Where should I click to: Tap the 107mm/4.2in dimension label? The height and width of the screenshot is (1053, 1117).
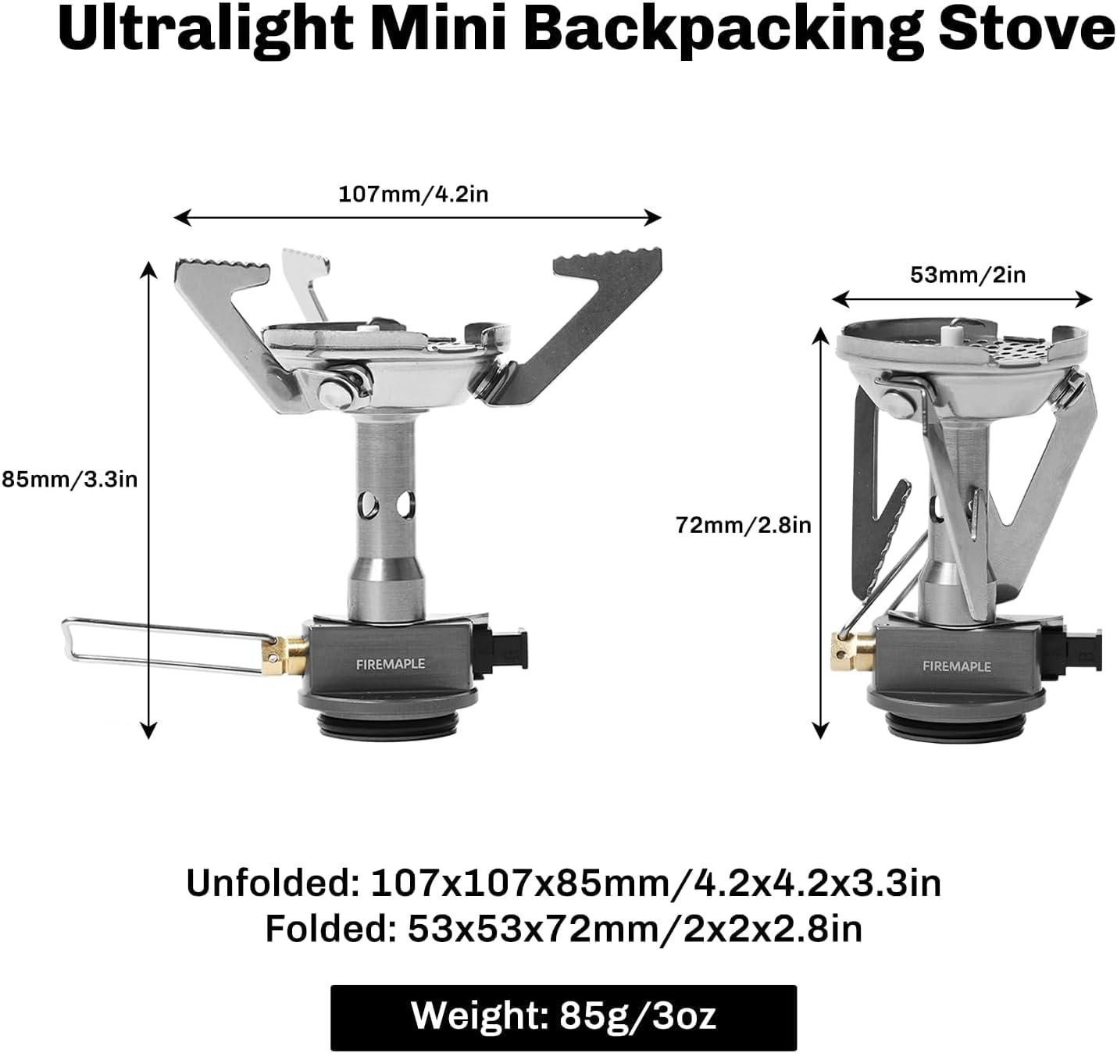(413, 194)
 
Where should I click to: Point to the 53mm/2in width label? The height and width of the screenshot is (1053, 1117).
(968, 275)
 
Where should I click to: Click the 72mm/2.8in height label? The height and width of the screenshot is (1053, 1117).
(744, 525)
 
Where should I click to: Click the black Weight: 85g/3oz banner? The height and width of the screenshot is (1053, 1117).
(563, 1016)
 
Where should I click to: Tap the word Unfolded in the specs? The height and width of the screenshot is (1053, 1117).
(270, 884)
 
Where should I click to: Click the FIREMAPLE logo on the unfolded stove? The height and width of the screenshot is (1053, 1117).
(390, 664)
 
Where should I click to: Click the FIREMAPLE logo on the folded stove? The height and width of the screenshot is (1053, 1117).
(956, 666)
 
